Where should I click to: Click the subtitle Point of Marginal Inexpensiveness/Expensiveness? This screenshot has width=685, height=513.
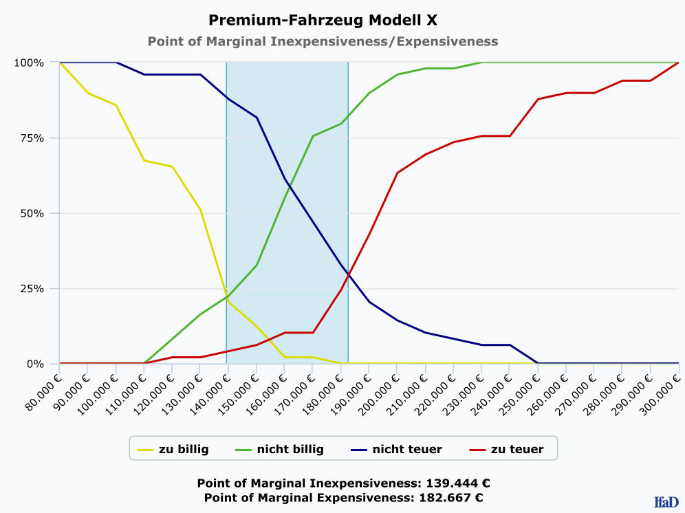323,41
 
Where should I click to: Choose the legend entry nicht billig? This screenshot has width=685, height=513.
290,450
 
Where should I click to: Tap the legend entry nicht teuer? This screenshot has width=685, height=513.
406,450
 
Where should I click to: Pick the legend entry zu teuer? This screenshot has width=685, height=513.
517,450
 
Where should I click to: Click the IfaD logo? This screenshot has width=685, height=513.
666,502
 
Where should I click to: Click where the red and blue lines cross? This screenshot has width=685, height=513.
348,275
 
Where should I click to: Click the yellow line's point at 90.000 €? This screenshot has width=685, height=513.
87,92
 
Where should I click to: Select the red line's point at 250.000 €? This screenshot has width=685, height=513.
538,99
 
